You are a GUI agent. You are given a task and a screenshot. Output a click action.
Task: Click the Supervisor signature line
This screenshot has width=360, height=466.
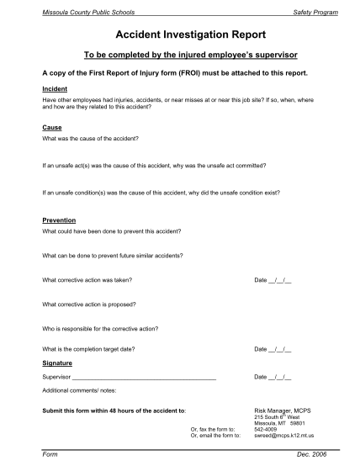click(144, 378)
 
